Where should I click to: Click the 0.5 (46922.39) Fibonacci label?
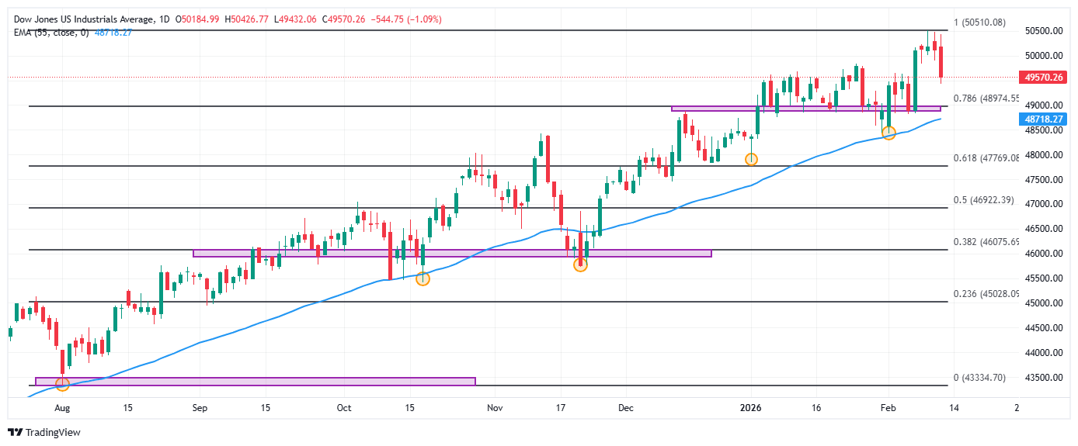click(x=982, y=200)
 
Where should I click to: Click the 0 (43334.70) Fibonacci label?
click(x=979, y=378)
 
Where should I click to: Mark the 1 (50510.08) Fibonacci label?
click(x=979, y=22)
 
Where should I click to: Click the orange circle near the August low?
click(x=62, y=384)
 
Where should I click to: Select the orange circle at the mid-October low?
click(x=423, y=278)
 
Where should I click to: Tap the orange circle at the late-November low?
click(x=580, y=264)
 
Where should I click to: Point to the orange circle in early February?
click(x=889, y=133)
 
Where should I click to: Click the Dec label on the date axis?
click(x=626, y=407)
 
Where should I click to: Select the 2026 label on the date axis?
click(x=749, y=407)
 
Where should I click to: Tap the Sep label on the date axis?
click(x=199, y=407)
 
